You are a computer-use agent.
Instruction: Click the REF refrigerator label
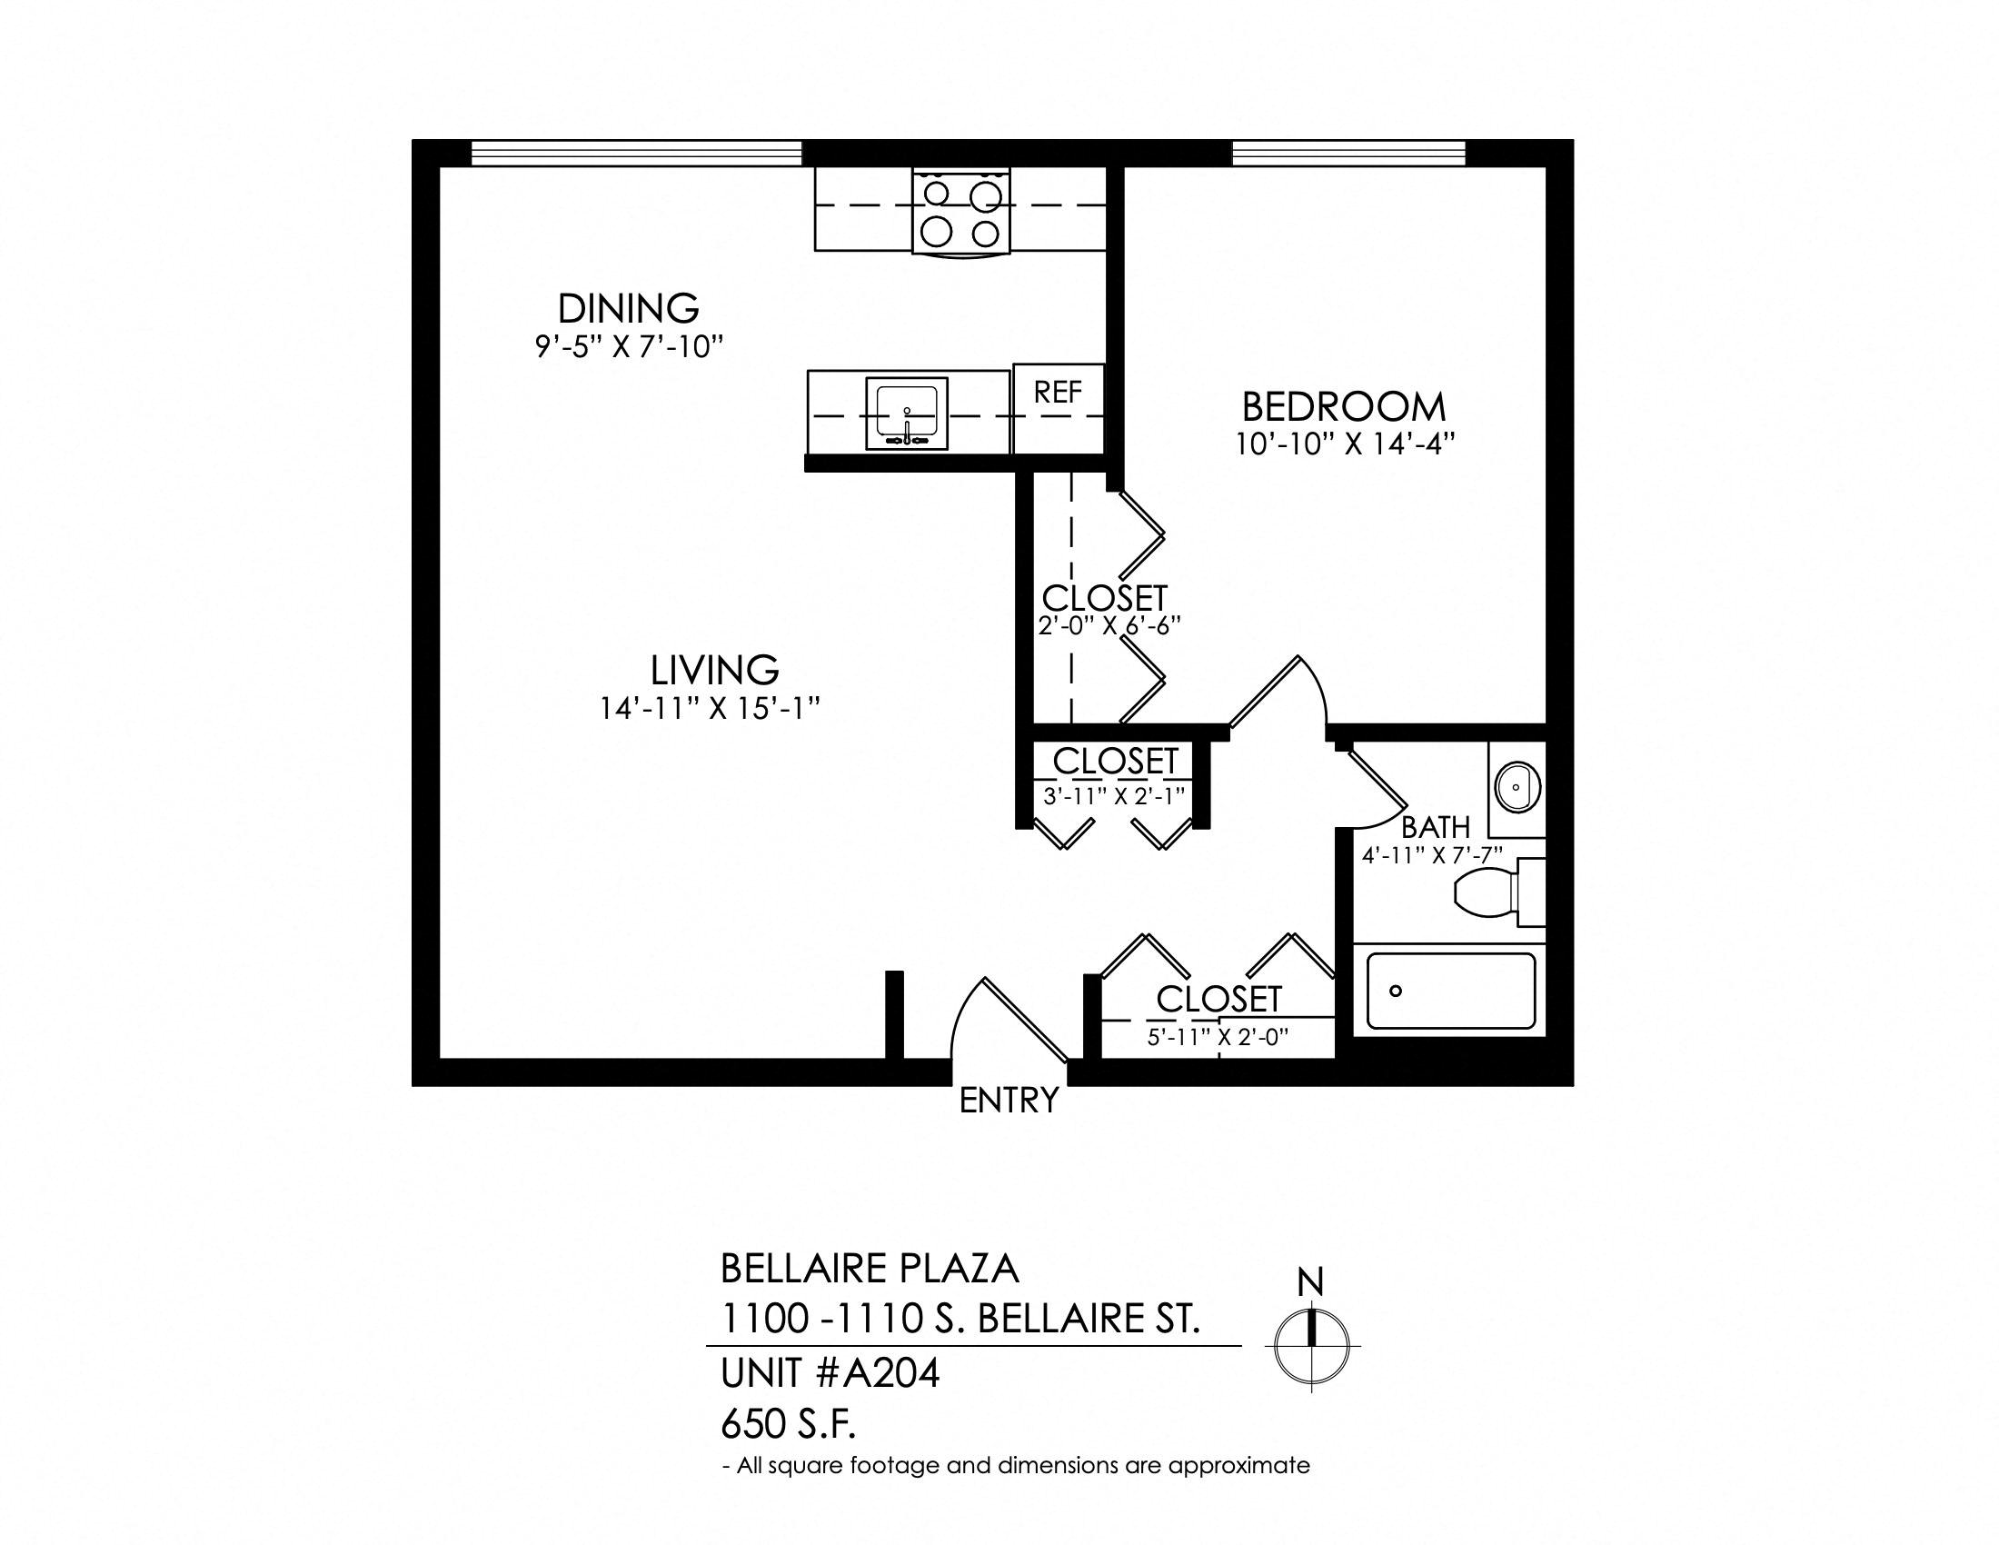click(1058, 392)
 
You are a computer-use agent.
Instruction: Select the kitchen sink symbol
click(907, 416)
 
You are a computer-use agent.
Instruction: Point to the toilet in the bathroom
click(1499, 893)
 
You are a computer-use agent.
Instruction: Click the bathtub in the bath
click(1451, 992)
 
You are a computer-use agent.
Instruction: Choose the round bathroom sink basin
click(1517, 786)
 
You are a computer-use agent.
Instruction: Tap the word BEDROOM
click(1344, 406)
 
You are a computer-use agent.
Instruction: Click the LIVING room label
click(715, 670)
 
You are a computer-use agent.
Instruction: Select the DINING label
click(628, 308)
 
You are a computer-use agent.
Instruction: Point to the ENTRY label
click(1009, 1101)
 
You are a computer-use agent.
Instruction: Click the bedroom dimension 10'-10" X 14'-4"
click(1345, 444)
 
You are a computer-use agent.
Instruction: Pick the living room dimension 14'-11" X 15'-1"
click(710, 709)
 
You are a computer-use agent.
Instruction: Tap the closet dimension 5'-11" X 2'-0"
click(1218, 1037)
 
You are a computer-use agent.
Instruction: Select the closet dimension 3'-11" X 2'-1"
click(1114, 795)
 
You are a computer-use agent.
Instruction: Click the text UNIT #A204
click(830, 1373)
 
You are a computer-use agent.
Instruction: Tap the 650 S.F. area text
click(788, 1424)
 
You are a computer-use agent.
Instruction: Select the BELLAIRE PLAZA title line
click(870, 1269)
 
